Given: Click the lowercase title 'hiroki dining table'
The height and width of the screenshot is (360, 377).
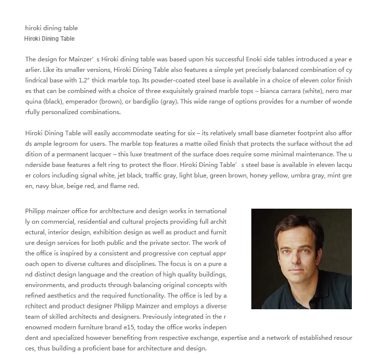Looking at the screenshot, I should pyautogui.click(x=51, y=28).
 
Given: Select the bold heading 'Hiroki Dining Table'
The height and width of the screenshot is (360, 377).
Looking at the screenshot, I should pyautogui.click(x=49, y=39).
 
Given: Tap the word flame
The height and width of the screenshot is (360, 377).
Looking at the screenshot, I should pyautogui.click(x=117, y=186).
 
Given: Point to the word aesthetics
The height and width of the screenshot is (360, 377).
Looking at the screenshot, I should pyautogui.click(x=56, y=296).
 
